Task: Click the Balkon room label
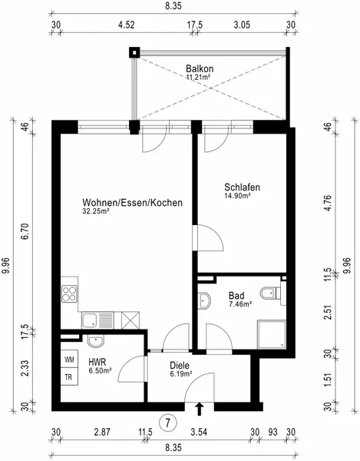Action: coord(200,69)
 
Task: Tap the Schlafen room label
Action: coord(242,187)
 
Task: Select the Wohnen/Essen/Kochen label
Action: coord(133,203)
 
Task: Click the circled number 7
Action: coord(168,423)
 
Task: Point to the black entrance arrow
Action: coord(200,409)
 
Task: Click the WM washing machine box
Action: coord(69,359)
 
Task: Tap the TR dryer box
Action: coord(69,376)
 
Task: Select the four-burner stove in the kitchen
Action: coord(69,294)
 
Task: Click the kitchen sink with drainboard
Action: coord(97,320)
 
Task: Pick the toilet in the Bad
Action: coord(270,293)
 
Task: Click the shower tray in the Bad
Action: coord(272,334)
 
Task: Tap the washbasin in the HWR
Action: coord(96,340)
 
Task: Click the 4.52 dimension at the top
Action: coord(126,25)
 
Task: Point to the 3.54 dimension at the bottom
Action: coord(199,432)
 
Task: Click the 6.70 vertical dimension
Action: coord(26,231)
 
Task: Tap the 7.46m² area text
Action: coord(240,303)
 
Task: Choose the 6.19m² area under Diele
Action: coord(181,373)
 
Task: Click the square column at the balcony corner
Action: coord(134,52)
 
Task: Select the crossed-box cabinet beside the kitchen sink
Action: coord(130,320)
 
